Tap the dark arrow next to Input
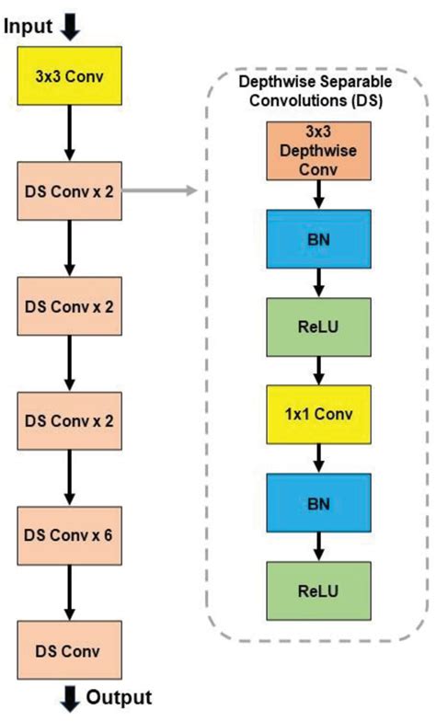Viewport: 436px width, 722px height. click(x=72, y=27)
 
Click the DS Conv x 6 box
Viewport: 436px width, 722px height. click(x=70, y=534)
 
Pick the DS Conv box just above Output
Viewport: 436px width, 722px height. click(x=70, y=649)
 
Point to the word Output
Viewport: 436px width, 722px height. click(x=119, y=697)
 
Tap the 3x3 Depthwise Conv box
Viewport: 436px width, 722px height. click(x=318, y=151)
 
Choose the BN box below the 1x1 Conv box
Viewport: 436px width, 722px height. click(x=318, y=503)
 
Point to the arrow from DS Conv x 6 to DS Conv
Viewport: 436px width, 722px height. click(x=70, y=591)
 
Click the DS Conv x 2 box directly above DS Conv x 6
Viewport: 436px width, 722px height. click(x=70, y=420)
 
